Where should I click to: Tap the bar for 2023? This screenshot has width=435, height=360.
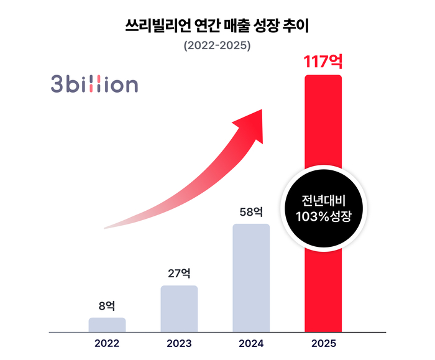179,309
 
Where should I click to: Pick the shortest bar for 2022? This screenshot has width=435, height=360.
107,325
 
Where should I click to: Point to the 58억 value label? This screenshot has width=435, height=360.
251,211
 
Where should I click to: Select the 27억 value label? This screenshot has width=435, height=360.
179,273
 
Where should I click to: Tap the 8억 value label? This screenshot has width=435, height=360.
107,305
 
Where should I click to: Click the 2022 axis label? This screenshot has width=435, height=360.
107,343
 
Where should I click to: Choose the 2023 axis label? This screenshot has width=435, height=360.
179,343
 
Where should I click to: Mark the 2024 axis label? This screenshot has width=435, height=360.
251,343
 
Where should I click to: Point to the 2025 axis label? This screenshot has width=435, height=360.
323,343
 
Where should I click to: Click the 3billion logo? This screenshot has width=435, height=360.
94,85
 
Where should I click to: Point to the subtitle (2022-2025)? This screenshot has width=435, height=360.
217,46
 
